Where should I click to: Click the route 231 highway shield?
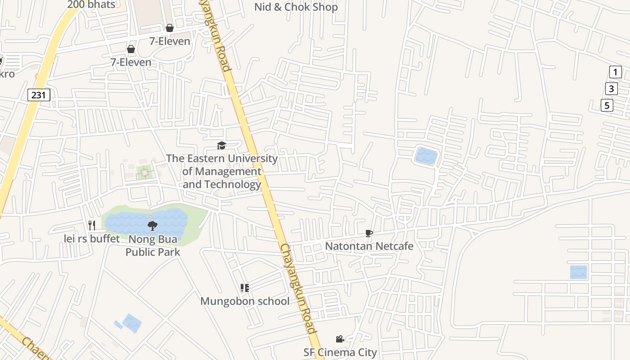(39, 95)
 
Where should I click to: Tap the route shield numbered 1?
(615, 72)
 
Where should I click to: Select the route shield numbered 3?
(611, 89)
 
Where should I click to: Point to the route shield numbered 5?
(607, 106)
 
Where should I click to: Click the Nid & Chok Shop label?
(296, 7)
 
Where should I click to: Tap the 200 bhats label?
(91, 4)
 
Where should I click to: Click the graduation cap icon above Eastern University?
(221, 145)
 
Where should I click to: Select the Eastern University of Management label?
(222, 171)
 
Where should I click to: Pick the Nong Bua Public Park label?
(153, 245)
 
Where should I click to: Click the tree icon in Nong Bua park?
(153, 225)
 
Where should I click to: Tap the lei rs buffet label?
(92, 238)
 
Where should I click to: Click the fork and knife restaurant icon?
(92, 225)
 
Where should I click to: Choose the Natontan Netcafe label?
(369, 246)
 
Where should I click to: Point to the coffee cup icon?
(369, 233)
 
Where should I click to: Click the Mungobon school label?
(245, 301)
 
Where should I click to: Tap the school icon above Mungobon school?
(245, 288)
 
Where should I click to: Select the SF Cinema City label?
(340, 352)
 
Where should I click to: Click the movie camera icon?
(340, 339)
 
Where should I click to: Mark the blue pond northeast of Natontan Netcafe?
(426, 156)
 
